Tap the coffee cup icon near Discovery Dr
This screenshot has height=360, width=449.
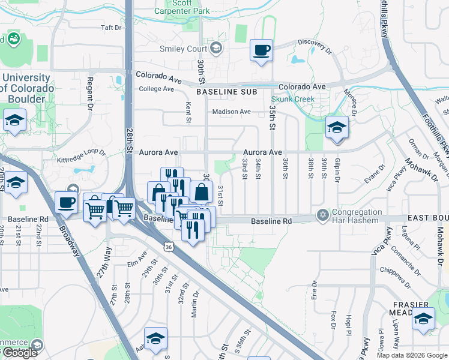coord(261,50)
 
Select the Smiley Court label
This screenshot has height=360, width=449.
coord(182,49)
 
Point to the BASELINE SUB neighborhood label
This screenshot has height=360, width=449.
coord(226,92)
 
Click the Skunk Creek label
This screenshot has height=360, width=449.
coord(293,98)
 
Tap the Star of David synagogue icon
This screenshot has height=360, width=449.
coord(323,215)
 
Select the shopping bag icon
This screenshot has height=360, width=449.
coord(202,193)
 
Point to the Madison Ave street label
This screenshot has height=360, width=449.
coord(231,112)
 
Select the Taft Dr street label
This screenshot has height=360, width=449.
coord(111,28)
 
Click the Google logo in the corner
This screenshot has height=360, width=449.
coord(20,353)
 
